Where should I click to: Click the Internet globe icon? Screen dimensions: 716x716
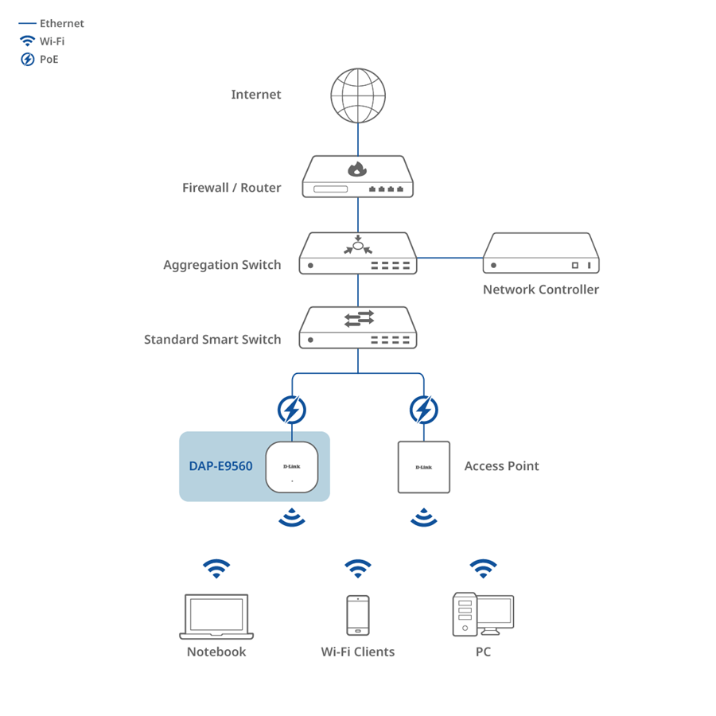coord(358,95)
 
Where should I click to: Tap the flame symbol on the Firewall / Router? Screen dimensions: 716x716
coord(358,169)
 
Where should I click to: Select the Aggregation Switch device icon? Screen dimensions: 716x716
coord(358,254)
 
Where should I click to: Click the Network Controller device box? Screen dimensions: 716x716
coord(541,254)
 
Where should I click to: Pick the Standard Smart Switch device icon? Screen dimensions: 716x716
coord(358,328)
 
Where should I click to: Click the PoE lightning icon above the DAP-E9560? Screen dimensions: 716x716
coord(292,411)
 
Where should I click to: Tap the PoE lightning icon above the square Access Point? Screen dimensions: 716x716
coord(424,411)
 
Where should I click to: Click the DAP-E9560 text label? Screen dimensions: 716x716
coord(220,466)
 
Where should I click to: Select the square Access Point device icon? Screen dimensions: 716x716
coord(424,467)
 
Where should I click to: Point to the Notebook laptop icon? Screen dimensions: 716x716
coord(216,617)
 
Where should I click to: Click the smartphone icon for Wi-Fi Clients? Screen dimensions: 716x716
coord(358,615)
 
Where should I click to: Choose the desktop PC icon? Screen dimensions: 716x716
coord(483,615)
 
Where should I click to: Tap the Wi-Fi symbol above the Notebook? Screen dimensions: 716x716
coord(216,568)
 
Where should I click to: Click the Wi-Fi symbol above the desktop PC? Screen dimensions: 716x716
coord(483,568)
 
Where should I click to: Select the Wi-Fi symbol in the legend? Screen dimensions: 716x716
coord(27,41)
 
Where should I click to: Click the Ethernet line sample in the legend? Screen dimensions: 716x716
coord(27,24)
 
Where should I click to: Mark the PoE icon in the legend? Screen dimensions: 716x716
coord(27,60)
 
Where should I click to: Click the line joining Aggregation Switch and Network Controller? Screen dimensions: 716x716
coord(449,258)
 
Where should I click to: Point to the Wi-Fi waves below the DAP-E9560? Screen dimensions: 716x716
coord(292,518)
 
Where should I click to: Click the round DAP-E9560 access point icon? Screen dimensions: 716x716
coord(292,467)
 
